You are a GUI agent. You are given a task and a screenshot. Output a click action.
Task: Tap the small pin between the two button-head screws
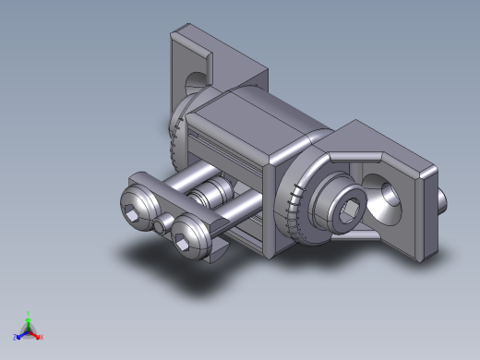point(162,225)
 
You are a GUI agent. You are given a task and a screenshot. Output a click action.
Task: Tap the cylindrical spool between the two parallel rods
point(217,195)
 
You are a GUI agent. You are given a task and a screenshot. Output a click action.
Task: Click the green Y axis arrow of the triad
point(28,321)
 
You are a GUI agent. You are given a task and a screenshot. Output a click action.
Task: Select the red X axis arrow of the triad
point(36,335)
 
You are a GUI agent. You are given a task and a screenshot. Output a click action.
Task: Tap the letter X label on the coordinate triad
point(42,338)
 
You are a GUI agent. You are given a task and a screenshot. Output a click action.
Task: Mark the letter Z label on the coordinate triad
point(15,339)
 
